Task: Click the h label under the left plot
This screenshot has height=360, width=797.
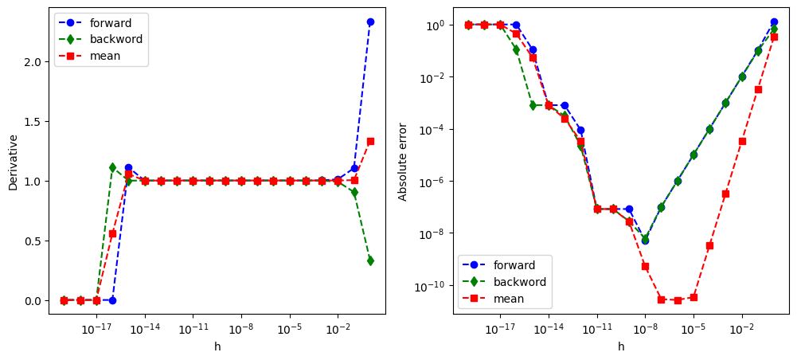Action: [x=217, y=346]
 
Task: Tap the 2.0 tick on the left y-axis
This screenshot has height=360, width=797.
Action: [x=34, y=62]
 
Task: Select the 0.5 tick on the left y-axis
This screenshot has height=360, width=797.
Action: [x=34, y=241]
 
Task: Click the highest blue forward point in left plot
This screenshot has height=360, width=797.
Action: [x=370, y=22]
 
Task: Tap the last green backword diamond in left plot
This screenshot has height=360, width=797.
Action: [x=370, y=260]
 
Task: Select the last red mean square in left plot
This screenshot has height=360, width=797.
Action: [x=370, y=141]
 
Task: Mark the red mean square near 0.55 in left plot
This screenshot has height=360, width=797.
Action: [x=112, y=233]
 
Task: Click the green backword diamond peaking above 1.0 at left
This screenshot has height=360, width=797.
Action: [x=112, y=167]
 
